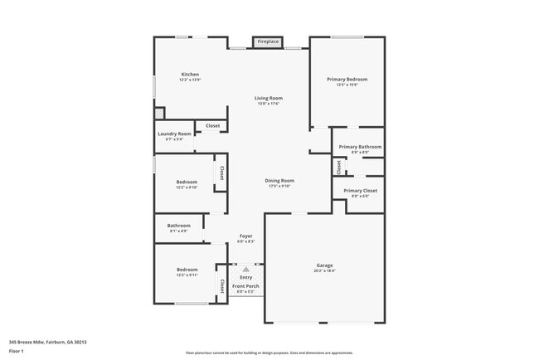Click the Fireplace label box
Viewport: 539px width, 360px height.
267,41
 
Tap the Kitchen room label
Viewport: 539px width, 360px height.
190,75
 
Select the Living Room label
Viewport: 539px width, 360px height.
268,98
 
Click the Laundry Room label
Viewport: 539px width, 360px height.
174,134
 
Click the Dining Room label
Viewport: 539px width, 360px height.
279,180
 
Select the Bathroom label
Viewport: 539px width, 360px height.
179,225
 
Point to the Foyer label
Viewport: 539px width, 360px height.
246,236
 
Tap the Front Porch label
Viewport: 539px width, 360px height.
245,286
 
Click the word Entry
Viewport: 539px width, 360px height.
245,277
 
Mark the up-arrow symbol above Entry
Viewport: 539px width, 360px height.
245,269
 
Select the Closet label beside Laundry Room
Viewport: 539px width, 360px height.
213,125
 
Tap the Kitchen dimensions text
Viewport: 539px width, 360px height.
190,80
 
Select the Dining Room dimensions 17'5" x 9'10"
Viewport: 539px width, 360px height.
279,186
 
